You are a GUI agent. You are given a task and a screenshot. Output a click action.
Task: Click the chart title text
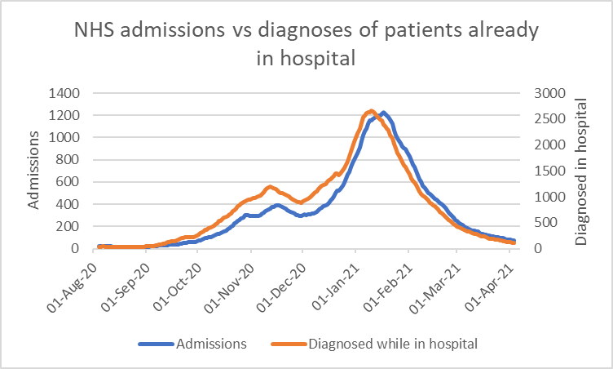pos(306,46)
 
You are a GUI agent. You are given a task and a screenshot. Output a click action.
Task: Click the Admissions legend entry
pos(211,344)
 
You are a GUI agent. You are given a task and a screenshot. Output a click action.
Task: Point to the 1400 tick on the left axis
pos(64,93)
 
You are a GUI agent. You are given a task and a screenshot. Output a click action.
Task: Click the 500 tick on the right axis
pos(545,223)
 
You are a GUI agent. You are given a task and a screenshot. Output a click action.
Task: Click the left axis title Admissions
pos(34,171)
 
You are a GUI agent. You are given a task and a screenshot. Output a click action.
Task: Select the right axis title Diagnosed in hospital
pos(580,171)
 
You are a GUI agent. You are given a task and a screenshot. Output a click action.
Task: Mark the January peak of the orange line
pos(371,111)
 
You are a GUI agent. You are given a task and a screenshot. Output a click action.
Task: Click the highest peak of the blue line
pos(383,113)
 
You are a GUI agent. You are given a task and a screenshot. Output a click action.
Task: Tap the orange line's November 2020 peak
pos(271,187)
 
